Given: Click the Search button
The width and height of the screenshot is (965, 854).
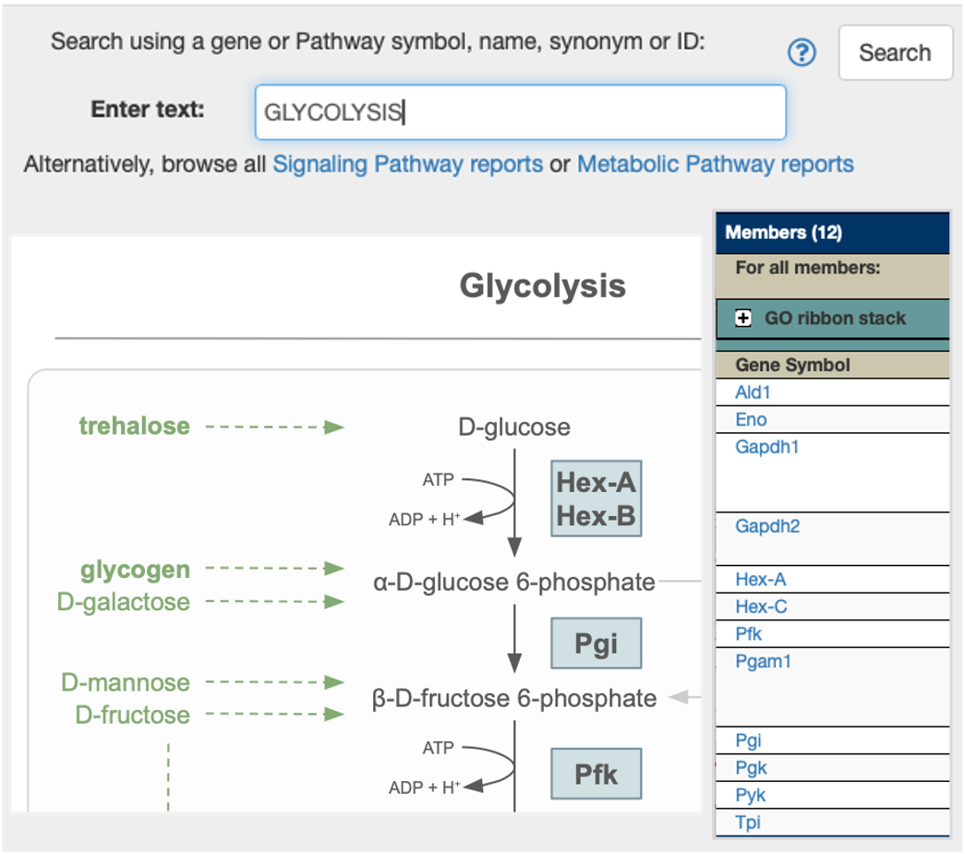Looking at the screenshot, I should pyautogui.click(x=894, y=53).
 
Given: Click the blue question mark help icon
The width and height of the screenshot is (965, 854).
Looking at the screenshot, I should pyautogui.click(x=802, y=54).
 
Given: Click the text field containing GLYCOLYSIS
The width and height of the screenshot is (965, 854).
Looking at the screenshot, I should pyautogui.click(x=520, y=113).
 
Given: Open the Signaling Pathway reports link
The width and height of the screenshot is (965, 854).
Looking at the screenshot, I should pyautogui.click(x=407, y=164).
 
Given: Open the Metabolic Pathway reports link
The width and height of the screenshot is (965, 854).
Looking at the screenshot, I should pyautogui.click(x=715, y=164).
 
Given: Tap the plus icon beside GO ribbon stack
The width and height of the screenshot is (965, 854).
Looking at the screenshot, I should pyautogui.click(x=742, y=319).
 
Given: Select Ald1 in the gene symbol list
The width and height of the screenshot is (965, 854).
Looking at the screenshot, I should pyautogui.click(x=753, y=392).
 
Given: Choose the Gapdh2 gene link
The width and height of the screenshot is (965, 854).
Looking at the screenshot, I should pyautogui.click(x=767, y=526).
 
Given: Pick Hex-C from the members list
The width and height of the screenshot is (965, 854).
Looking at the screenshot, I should pyautogui.click(x=761, y=607).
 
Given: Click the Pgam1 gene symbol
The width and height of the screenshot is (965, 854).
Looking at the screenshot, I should pyautogui.click(x=763, y=661).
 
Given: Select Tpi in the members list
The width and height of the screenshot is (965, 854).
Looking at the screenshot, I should pyautogui.click(x=748, y=822).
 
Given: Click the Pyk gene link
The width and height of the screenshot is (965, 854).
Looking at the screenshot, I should pyautogui.click(x=751, y=795).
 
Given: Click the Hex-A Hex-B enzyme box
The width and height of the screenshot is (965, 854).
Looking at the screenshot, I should pyautogui.click(x=596, y=499).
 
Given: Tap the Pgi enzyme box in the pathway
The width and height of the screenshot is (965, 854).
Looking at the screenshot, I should pyautogui.click(x=596, y=644).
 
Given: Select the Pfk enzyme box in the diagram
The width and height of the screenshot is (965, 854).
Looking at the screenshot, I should pyautogui.click(x=596, y=773).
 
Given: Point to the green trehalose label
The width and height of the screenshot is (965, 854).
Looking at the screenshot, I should pyautogui.click(x=135, y=426).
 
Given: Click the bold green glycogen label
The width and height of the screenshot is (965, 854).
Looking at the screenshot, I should pyautogui.click(x=135, y=570).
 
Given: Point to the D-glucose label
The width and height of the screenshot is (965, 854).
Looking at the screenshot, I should pyautogui.click(x=514, y=427).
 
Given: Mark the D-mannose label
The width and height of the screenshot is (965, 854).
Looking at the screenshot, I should pyautogui.click(x=126, y=682).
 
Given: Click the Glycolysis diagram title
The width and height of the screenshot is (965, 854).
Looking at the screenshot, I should pyautogui.click(x=542, y=286).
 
